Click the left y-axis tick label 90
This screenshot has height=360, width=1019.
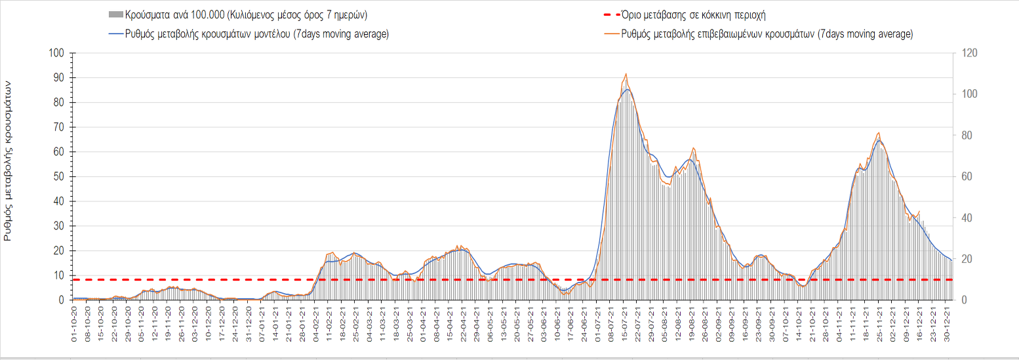point(58,78)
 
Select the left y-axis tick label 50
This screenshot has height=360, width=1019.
point(58,177)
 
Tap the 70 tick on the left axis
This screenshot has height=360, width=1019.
point(58,127)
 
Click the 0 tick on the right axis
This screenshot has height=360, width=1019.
point(963,300)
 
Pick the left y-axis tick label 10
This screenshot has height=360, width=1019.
point(58,276)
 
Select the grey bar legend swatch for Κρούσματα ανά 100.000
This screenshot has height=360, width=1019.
point(115,14)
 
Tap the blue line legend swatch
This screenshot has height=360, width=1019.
point(115,34)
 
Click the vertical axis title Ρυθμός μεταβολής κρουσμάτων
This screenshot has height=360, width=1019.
point(9,161)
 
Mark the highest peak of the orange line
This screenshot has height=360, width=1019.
point(626,74)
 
